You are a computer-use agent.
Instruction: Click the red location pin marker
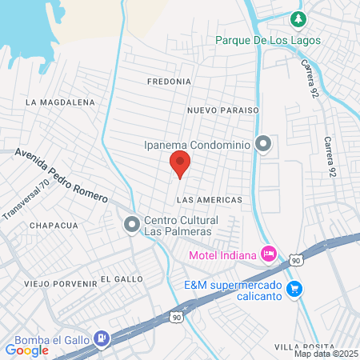click(x=180, y=164)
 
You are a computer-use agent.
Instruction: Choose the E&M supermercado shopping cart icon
click(x=294, y=288)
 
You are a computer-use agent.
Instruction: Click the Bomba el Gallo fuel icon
click(x=101, y=339)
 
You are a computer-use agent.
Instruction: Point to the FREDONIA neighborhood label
click(x=169, y=82)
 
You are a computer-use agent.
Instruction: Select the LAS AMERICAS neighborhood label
click(x=208, y=198)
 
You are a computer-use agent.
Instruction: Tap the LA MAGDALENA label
click(x=60, y=102)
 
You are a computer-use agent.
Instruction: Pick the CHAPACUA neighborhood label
click(x=54, y=226)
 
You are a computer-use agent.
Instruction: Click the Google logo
click(x=27, y=349)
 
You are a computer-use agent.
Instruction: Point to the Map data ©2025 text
click(x=325, y=354)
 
